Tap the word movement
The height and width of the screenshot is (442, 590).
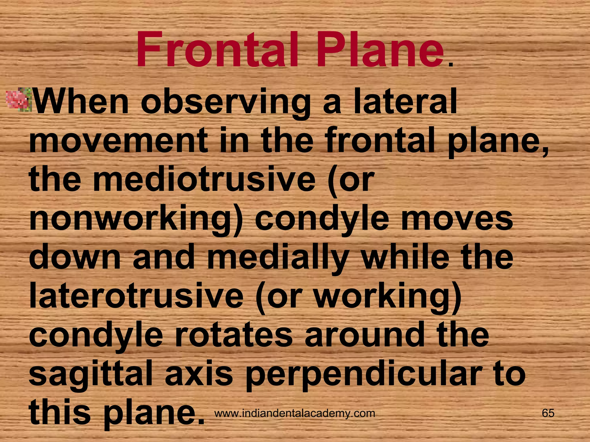(118, 141)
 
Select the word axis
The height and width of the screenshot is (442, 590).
(199, 374)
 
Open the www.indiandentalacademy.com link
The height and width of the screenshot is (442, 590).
(295, 413)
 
